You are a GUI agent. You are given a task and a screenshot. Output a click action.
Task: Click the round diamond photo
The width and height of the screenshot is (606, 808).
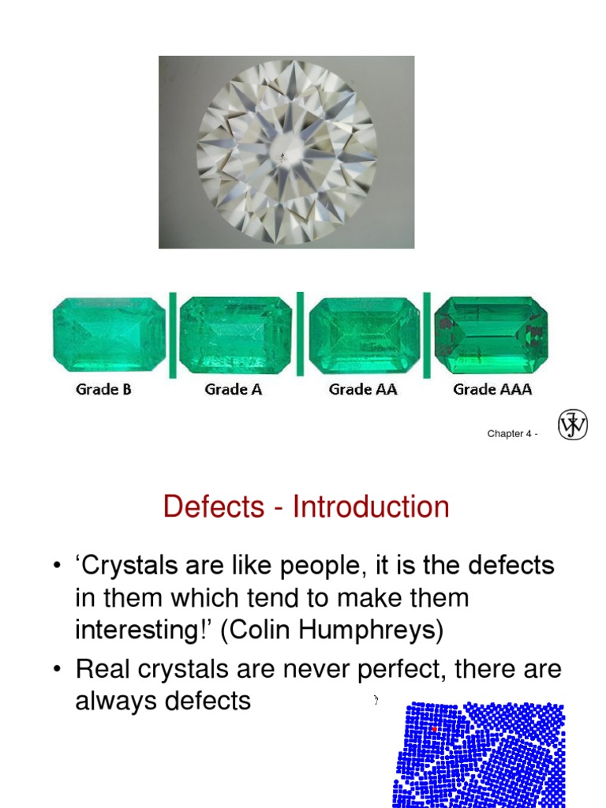tap(286, 152)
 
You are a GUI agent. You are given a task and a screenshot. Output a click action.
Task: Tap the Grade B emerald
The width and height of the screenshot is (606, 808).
tap(109, 335)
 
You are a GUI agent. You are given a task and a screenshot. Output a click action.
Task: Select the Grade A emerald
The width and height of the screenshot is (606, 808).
tap(235, 335)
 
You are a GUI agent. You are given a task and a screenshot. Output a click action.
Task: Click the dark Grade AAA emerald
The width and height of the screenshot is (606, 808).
tap(491, 335)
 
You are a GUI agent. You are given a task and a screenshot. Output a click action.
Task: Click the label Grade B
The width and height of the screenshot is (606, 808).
tap(103, 389)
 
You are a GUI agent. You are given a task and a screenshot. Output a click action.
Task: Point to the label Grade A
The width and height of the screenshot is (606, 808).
tap(233, 389)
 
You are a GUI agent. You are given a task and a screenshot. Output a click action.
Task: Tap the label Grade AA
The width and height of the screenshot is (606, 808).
tap(361, 389)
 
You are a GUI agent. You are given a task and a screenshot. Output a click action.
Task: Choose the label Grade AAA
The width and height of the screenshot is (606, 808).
tap(492, 389)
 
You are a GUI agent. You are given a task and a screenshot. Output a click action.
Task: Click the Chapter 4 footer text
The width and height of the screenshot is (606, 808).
tap(512, 434)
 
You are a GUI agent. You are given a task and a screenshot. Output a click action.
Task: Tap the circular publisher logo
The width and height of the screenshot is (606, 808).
tap(573, 426)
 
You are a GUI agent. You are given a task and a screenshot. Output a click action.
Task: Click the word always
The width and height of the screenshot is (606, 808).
tap(113, 701)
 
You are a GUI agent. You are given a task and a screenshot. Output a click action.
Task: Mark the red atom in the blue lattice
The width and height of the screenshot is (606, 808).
tap(434, 730)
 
